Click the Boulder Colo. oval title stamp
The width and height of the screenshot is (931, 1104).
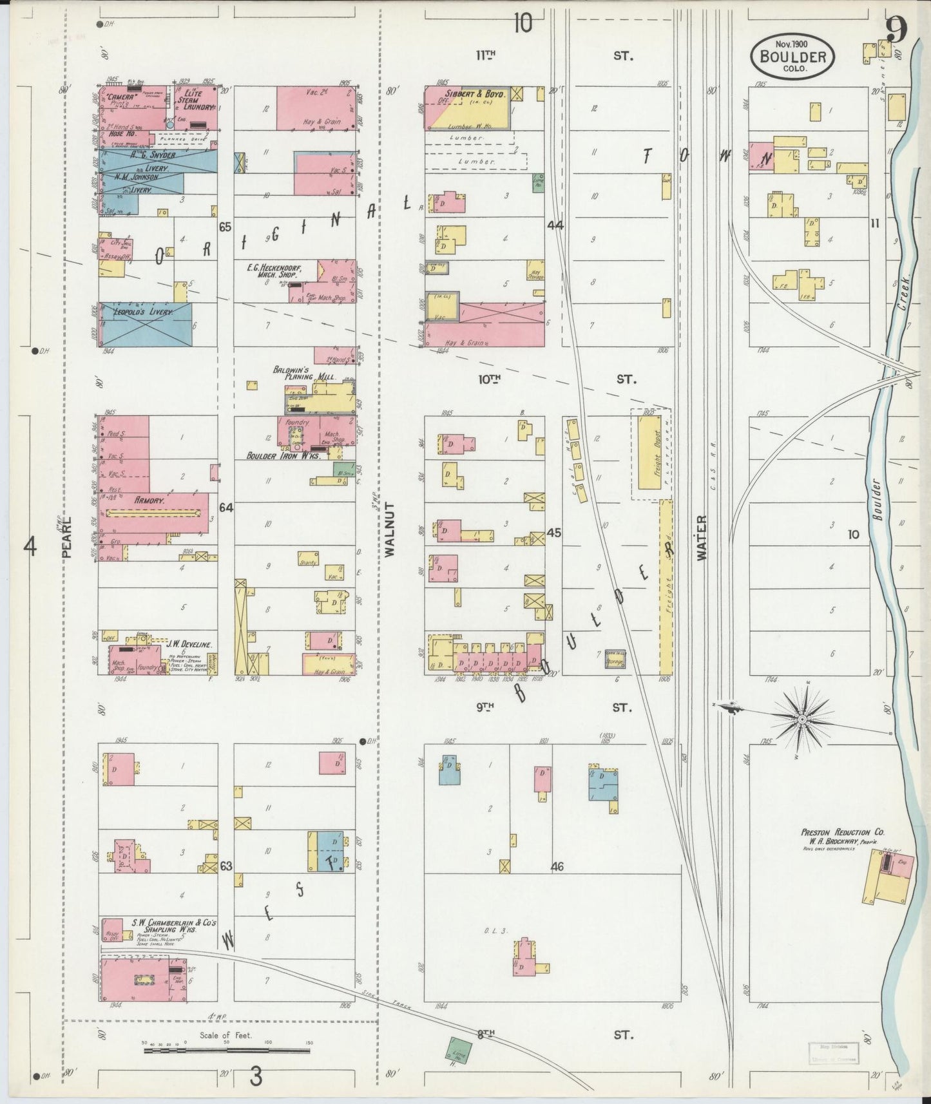(792, 56)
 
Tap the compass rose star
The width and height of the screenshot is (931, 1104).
(803, 718)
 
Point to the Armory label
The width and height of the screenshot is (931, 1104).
(151, 499)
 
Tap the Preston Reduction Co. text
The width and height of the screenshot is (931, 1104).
(836, 832)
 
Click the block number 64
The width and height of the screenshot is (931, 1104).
(226, 508)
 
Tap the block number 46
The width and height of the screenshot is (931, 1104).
(557, 866)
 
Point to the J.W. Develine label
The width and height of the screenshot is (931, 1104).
(190, 643)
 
